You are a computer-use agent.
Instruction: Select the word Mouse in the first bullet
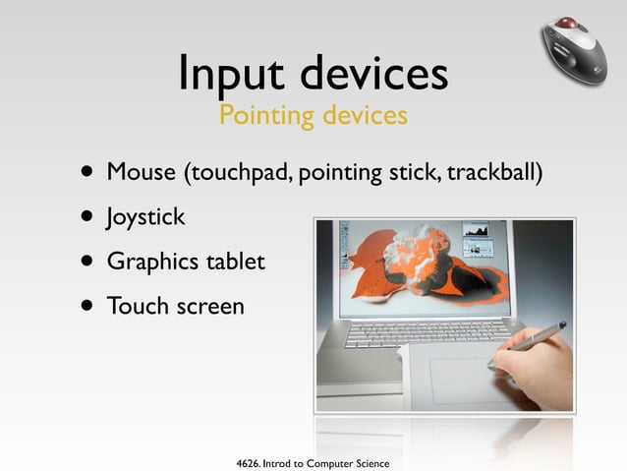pos(141,173)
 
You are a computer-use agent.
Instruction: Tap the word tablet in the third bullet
pos(234,262)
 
